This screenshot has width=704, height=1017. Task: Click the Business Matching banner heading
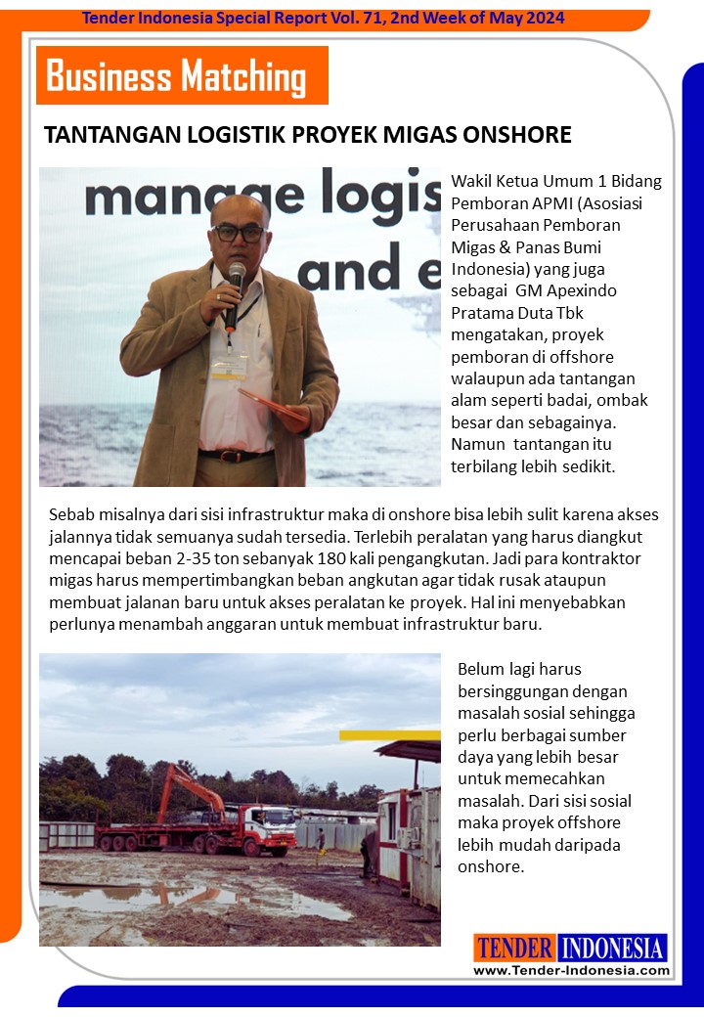177,76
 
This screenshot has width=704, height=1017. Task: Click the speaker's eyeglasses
239,234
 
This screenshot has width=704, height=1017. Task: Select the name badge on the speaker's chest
229,367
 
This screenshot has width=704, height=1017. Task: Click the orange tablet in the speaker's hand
274,405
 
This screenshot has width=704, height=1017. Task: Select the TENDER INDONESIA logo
571,948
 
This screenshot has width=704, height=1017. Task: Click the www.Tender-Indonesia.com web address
571,970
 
